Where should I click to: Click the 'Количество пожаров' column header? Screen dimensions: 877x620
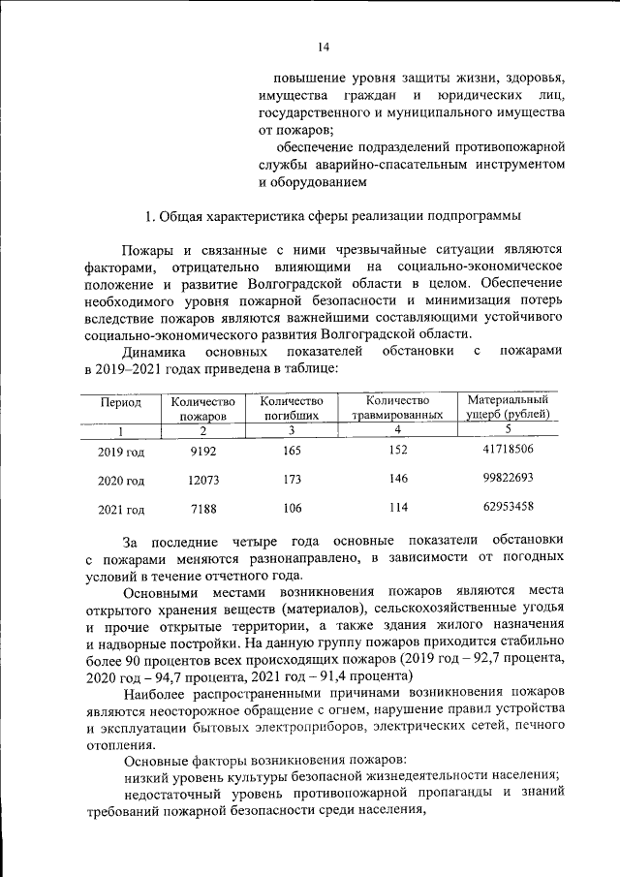202,407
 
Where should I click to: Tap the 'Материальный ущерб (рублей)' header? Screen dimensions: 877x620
508,406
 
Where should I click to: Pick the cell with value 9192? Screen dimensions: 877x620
202,451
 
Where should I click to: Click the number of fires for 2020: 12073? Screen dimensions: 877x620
202,480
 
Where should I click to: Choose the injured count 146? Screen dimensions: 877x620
397,479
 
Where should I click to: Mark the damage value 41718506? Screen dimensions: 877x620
508,449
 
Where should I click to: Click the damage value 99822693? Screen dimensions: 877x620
508,478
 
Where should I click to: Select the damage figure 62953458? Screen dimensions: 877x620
508,507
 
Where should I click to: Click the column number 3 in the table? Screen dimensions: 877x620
289,429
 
